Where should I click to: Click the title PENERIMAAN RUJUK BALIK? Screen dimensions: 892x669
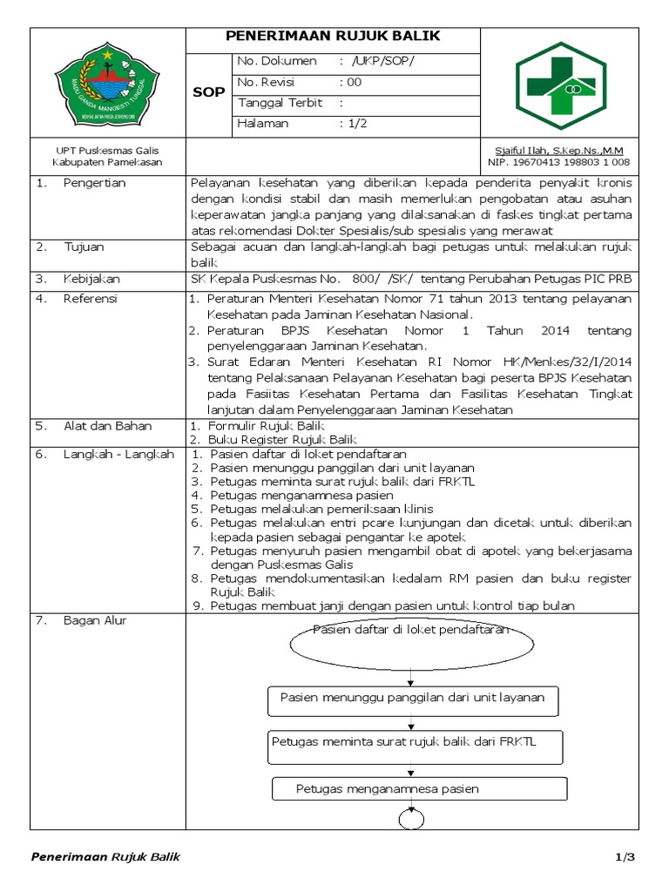tap(333, 37)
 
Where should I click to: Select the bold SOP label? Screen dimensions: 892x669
tap(208, 92)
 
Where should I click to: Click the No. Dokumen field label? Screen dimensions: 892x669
tap(274, 61)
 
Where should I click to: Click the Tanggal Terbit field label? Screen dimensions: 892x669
tap(280, 103)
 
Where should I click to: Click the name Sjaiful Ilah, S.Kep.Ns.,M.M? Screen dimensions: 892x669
tap(560, 150)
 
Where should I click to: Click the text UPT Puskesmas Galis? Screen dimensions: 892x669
tap(107, 150)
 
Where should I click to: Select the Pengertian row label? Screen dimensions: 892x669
tap(94, 183)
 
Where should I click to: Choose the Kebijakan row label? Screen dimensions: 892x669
tap(91, 280)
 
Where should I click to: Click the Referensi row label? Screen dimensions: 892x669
tap(91, 299)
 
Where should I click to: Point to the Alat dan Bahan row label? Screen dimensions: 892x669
tap(107, 426)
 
